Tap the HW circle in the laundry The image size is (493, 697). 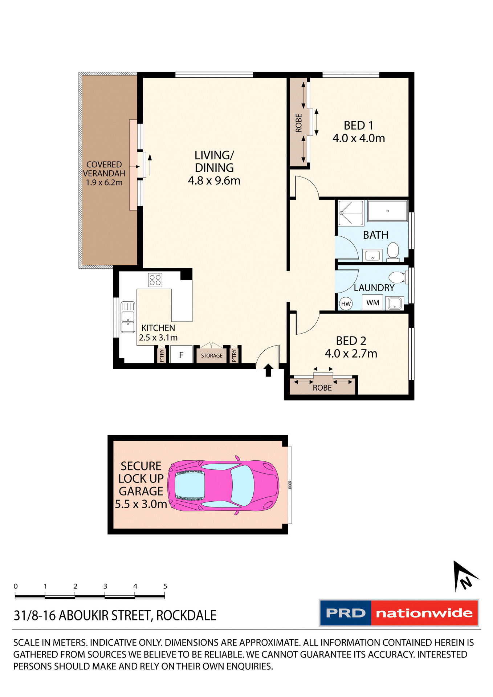pyautogui.click(x=346, y=304)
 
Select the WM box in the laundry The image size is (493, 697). pyautogui.click(x=372, y=303)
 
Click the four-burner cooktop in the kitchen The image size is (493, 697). pyautogui.click(x=155, y=280)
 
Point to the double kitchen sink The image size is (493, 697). pyautogui.click(x=128, y=317)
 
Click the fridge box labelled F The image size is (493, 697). pyautogui.click(x=181, y=355)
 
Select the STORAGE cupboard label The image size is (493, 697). pyautogui.click(x=212, y=356)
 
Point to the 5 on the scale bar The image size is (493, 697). pyautogui.click(x=165, y=586)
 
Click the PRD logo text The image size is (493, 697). pyautogui.click(x=346, y=613)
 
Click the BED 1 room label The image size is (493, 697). pyautogui.click(x=358, y=126)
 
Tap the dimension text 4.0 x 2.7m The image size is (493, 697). pyautogui.click(x=351, y=354)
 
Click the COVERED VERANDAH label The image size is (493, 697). pyautogui.click(x=104, y=169)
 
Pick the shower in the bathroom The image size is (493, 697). pyautogui.click(x=351, y=213)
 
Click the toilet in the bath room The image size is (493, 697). pyautogui.click(x=393, y=251)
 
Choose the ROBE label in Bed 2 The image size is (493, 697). pyautogui.click(x=322, y=388)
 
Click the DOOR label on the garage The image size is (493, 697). pyautogui.click(x=290, y=485)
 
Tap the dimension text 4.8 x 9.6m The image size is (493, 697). pyautogui.click(x=214, y=181)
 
